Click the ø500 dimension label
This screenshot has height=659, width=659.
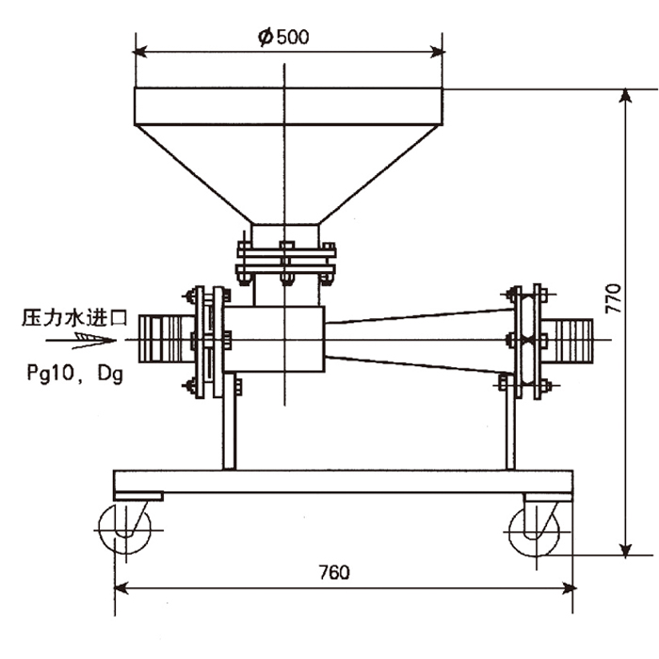click(x=282, y=37)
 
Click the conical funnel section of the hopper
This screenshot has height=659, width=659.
click(x=287, y=174)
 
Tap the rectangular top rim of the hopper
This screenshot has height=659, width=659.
click(x=287, y=105)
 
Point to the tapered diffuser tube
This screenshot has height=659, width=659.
click(x=419, y=340)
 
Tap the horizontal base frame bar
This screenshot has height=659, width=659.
click(x=344, y=480)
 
